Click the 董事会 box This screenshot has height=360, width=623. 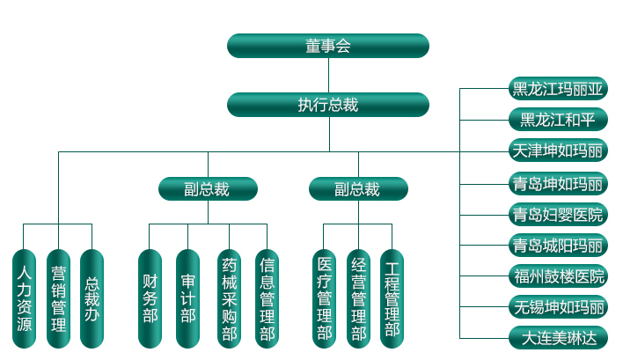(x=327, y=46)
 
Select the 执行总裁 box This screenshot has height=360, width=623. (x=327, y=105)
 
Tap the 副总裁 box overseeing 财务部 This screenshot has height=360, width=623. (x=208, y=188)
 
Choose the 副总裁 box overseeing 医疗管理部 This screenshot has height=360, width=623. (x=358, y=188)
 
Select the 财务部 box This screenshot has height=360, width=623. (x=150, y=298)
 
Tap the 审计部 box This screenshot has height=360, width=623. (x=187, y=298)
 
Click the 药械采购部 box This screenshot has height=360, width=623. (x=229, y=298)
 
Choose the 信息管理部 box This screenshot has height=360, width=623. (x=267, y=298)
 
